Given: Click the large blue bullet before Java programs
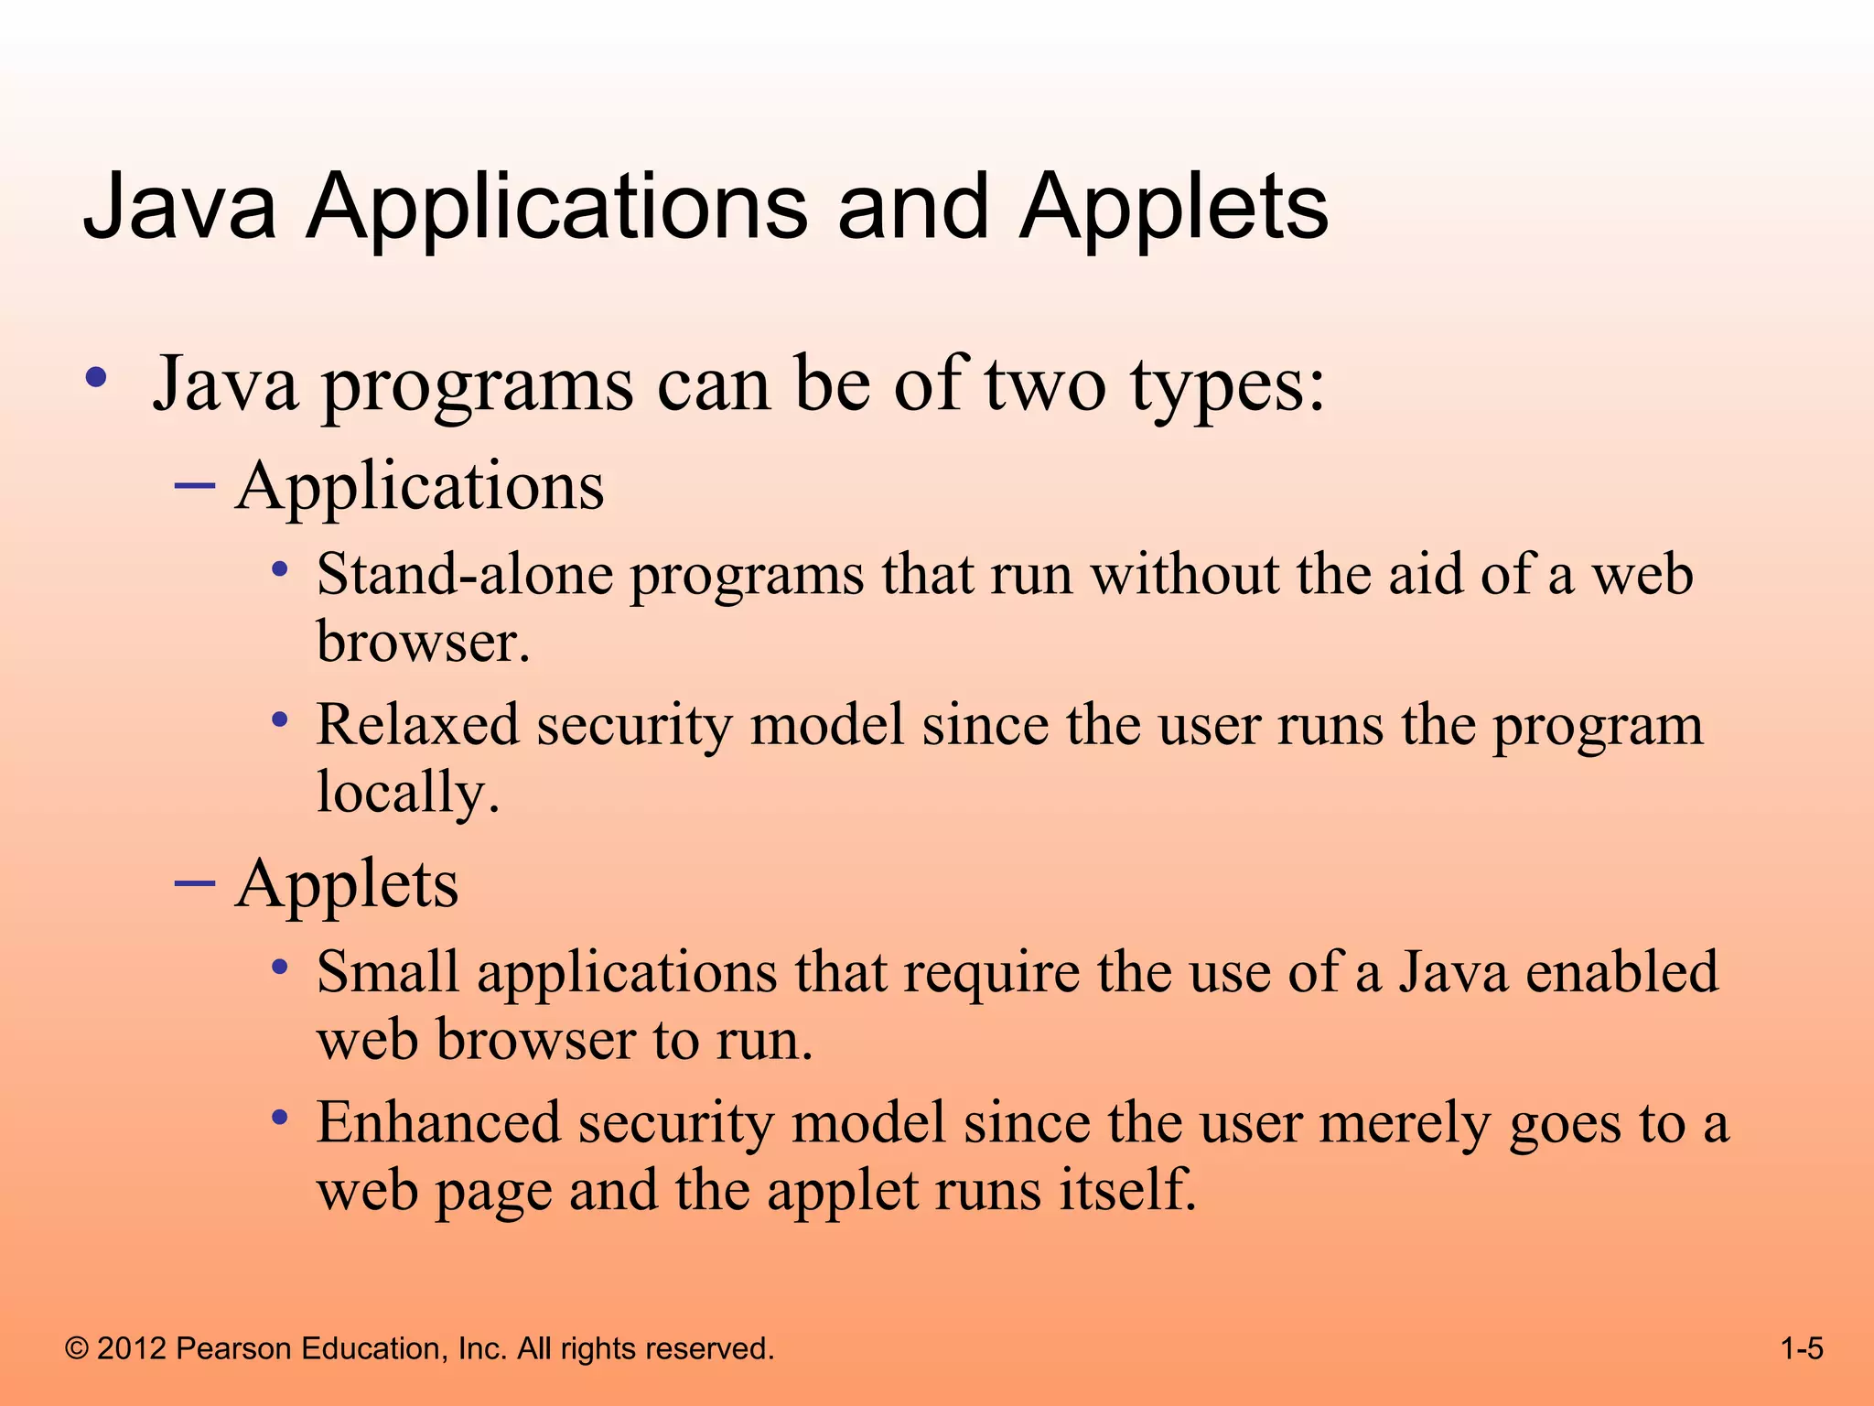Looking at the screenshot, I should pos(96,377).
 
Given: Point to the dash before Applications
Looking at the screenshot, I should pos(194,484).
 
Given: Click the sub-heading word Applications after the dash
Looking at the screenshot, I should pos(420,486).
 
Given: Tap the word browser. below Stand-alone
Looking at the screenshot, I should pos(423,642).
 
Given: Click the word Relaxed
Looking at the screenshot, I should pos(417,725).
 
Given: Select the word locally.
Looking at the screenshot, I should pos(408,792).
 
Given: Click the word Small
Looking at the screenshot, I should pos(387,972).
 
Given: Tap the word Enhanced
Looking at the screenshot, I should pos(438,1122).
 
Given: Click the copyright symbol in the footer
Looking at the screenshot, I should pos(77,1348).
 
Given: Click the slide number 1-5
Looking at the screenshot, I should pos(1802,1348).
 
